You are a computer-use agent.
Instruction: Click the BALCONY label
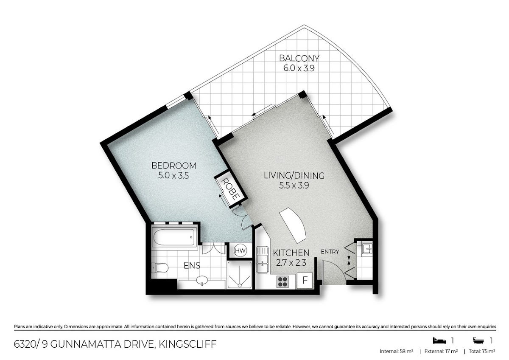coord(299,58)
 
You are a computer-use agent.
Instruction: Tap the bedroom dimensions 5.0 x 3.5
coord(173,176)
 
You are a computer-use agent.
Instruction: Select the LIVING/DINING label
coord(294,175)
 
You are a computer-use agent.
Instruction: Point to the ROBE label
coord(231,189)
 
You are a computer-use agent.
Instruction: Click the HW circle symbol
coord(241,250)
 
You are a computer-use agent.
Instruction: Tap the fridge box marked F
coord(305,280)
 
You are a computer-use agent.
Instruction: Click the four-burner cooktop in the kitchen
coord(282,282)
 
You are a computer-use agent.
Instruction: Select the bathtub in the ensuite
coord(174,237)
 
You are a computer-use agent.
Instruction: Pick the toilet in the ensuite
coord(160,268)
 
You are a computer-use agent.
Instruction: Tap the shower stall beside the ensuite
coord(240,275)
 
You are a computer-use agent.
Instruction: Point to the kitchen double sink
coord(263,260)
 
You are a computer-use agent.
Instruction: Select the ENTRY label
coord(330,252)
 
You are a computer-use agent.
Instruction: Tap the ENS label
coord(192,265)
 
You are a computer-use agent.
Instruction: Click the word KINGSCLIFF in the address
coord(187,344)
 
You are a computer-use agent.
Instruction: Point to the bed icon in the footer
coord(439,340)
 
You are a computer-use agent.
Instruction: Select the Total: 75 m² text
coord(482,352)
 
